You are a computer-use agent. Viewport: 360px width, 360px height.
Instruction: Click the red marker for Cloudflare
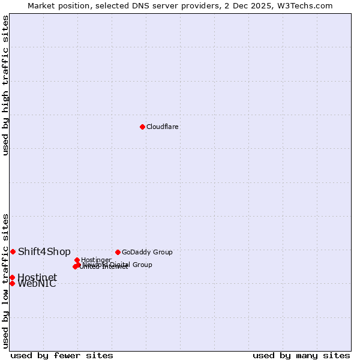[142, 127]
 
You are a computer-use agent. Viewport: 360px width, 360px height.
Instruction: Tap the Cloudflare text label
[163, 127]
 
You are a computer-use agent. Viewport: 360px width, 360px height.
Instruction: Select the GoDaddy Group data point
[118, 252]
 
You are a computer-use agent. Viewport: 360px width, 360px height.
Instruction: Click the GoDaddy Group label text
[147, 252]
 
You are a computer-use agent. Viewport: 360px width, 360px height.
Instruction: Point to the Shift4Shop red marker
[13, 251]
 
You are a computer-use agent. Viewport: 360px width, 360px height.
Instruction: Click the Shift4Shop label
[44, 251]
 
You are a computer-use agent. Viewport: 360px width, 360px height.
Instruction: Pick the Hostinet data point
[12, 277]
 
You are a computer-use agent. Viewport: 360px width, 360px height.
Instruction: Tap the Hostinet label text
[37, 277]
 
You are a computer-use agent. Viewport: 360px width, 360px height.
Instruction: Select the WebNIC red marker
[12, 283]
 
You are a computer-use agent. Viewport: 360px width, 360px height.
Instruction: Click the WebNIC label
[37, 284]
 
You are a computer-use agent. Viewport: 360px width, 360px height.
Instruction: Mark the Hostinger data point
[77, 260]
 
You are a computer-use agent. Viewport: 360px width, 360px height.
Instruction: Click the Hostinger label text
[96, 260]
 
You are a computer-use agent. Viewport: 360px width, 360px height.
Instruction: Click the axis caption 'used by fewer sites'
[62, 355]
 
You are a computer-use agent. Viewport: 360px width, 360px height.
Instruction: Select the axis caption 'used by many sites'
[301, 355]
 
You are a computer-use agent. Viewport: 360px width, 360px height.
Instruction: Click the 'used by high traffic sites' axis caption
[5, 85]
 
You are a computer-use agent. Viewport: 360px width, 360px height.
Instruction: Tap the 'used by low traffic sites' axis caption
[5, 280]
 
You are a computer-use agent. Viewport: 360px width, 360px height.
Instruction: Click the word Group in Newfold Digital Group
[142, 265]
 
